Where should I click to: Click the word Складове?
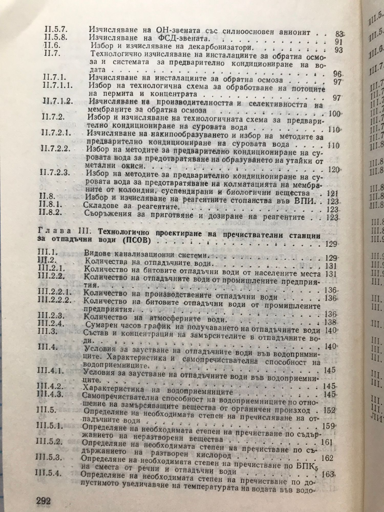103,209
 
